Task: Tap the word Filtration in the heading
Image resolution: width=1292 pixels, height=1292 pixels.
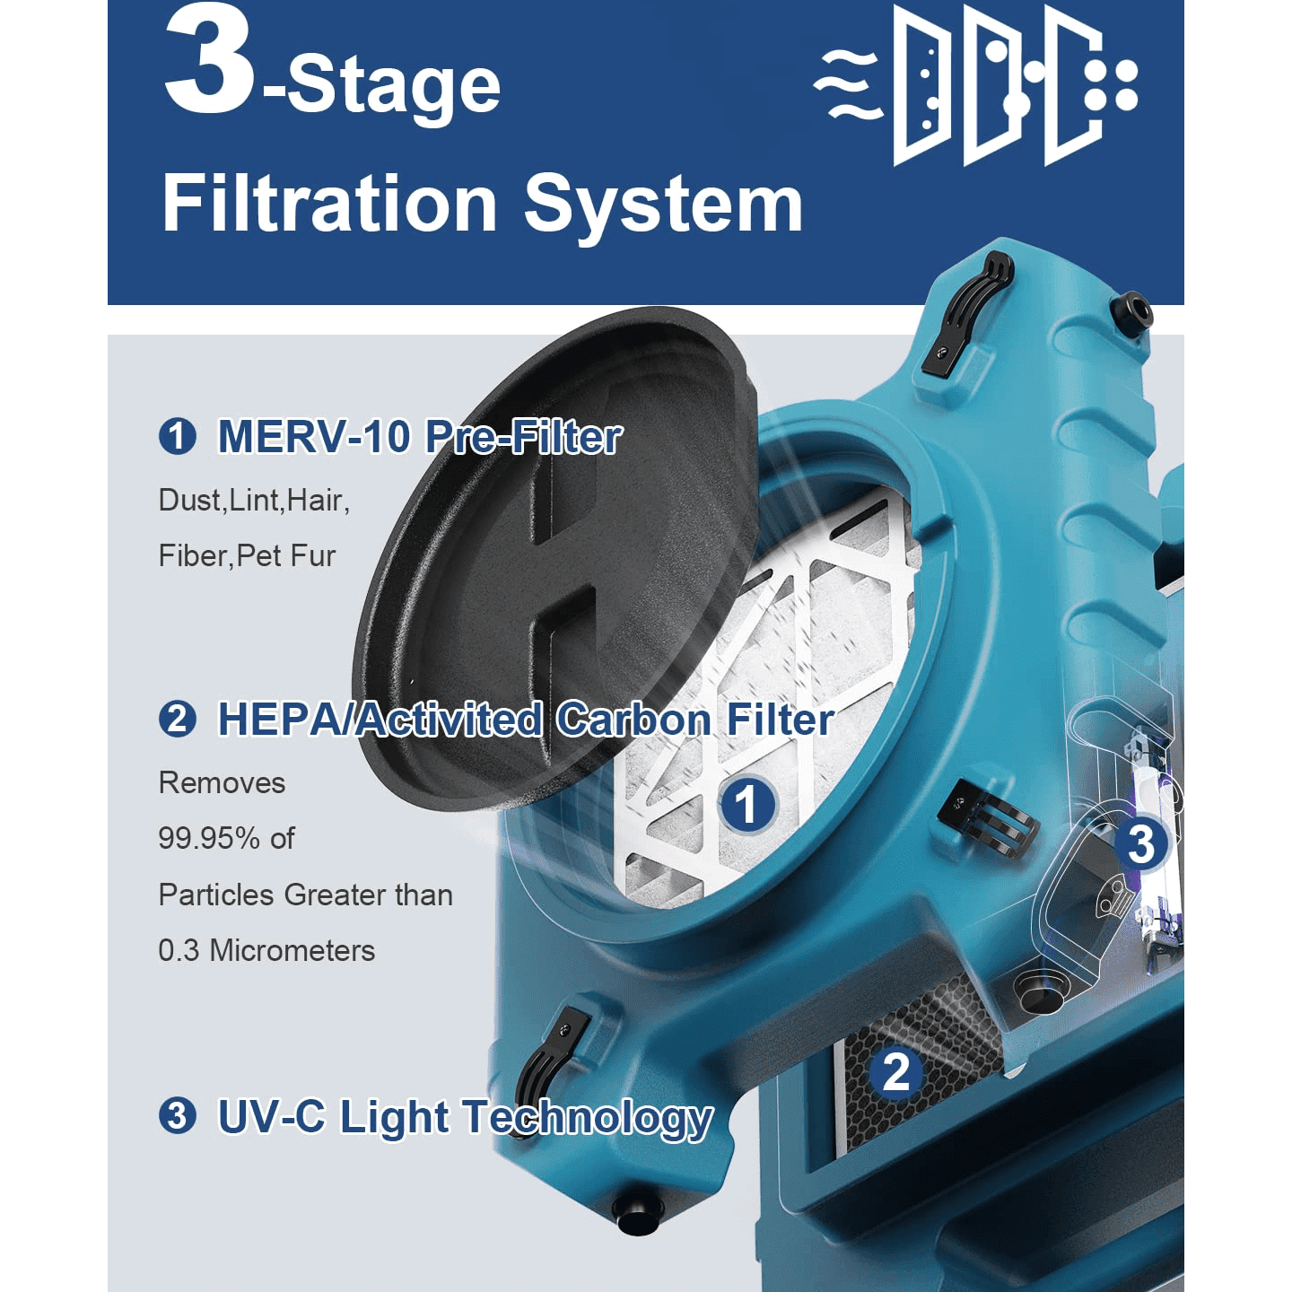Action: [x=329, y=205]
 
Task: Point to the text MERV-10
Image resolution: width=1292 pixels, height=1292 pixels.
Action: [x=314, y=437]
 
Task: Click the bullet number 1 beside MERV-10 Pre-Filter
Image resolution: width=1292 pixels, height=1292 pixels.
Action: [x=177, y=437]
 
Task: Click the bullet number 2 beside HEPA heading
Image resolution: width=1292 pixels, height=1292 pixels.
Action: [x=177, y=720]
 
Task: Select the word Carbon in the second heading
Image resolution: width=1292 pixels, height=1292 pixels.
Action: [x=633, y=720]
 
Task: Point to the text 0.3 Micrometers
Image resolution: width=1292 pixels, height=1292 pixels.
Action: [x=266, y=951]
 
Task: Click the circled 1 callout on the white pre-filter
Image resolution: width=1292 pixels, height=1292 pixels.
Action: [x=747, y=804]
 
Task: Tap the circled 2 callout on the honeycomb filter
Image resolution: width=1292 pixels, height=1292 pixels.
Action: [x=896, y=1072]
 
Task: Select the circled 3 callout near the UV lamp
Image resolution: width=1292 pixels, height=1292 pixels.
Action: [x=1140, y=843]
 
